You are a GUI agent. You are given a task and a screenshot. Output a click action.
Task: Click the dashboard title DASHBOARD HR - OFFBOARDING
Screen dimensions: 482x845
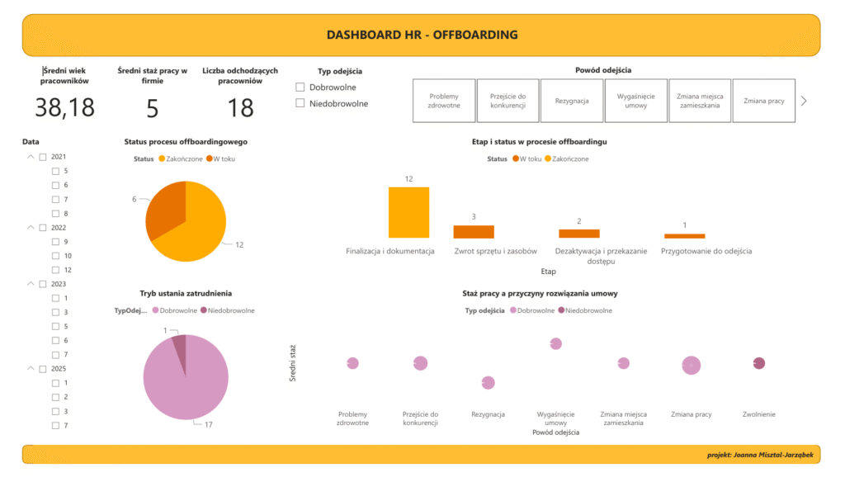(x=422, y=35)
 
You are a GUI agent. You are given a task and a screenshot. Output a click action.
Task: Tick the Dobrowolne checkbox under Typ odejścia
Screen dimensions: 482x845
(x=300, y=87)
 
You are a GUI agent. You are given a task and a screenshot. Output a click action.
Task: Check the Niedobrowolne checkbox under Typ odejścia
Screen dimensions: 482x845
(x=300, y=103)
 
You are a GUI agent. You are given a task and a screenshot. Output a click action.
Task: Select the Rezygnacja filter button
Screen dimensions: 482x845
(x=571, y=101)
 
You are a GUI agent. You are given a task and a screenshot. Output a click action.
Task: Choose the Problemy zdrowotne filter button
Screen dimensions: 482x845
(x=444, y=101)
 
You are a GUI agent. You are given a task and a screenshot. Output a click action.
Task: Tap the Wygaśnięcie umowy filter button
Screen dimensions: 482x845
(x=635, y=101)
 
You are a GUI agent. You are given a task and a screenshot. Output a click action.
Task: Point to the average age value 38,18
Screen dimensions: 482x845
(x=64, y=107)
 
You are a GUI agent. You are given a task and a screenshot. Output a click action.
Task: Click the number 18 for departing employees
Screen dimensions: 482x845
(x=240, y=108)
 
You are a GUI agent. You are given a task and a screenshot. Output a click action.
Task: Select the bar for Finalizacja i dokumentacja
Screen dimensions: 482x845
(x=408, y=212)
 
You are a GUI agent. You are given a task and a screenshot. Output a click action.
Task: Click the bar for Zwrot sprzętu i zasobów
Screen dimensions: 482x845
(x=474, y=232)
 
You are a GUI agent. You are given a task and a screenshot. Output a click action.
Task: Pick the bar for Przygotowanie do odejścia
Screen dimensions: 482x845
(x=685, y=236)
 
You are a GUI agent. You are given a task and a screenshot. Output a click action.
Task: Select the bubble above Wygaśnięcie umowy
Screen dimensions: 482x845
(x=555, y=343)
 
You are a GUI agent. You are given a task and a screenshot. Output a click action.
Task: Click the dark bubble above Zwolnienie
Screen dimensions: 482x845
(x=759, y=363)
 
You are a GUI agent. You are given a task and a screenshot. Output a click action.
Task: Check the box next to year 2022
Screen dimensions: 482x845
(x=43, y=228)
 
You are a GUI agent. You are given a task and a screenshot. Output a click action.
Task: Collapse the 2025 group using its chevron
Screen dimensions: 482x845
(x=31, y=369)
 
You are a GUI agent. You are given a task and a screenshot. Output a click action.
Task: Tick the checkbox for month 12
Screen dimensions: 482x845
(x=55, y=270)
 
